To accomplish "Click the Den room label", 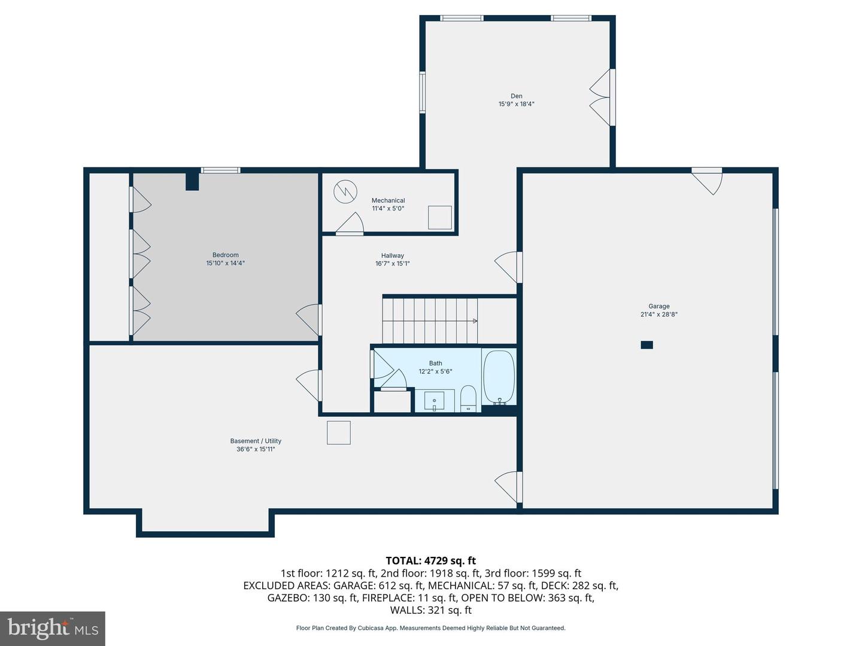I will [x=516, y=96].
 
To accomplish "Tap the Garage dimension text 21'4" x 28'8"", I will [x=658, y=315].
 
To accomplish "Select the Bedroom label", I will [x=225, y=255].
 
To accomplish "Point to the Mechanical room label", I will [x=388, y=200].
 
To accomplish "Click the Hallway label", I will [x=392, y=255].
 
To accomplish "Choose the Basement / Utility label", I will [x=256, y=441].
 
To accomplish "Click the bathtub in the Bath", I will [x=499, y=377].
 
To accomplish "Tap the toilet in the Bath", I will [x=468, y=399].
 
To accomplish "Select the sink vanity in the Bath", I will [x=435, y=400].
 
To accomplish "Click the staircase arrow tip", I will [x=475, y=321].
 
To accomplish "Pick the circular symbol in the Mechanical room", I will [x=345, y=191].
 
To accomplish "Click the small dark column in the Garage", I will [x=646, y=345].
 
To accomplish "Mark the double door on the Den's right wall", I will [x=602, y=98].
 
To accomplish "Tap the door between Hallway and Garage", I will [x=508, y=267].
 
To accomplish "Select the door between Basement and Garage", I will [x=508, y=487].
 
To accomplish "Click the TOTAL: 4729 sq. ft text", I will [x=430, y=560].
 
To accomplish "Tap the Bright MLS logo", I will [x=53, y=628].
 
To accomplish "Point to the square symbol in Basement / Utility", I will [x=338, y=432].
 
